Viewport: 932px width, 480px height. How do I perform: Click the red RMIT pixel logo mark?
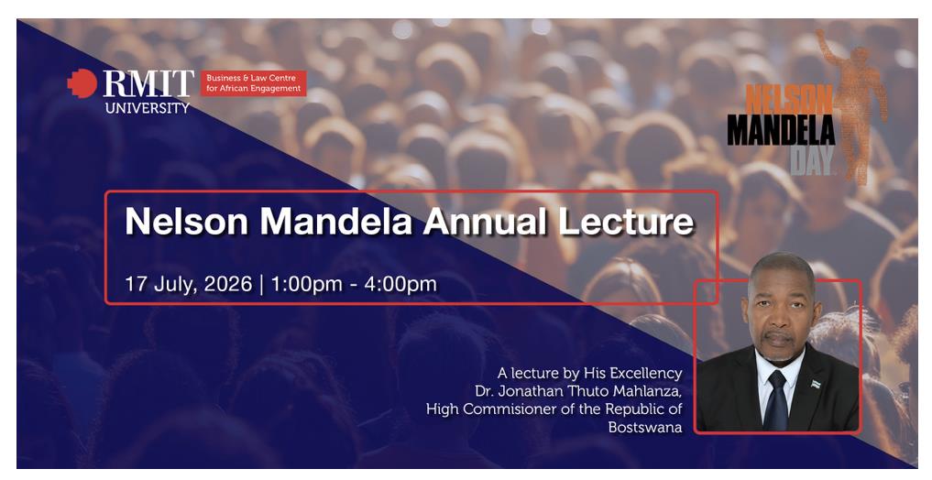point(82,83)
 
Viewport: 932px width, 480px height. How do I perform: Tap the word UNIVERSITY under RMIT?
point(148,107)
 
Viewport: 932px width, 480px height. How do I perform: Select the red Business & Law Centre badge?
point(254,83)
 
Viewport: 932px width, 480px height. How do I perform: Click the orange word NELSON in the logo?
point(789,99)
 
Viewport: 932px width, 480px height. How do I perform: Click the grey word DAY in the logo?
point(811,161)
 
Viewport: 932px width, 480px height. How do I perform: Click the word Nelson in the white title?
point(186,221)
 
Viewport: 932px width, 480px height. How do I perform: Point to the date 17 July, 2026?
point(189,284)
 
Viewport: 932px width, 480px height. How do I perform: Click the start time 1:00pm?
point(307,284)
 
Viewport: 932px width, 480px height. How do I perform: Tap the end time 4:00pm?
point(400,284)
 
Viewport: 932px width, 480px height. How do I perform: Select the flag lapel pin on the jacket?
point(816,385)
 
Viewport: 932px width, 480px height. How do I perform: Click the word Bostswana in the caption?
point(645,427)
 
